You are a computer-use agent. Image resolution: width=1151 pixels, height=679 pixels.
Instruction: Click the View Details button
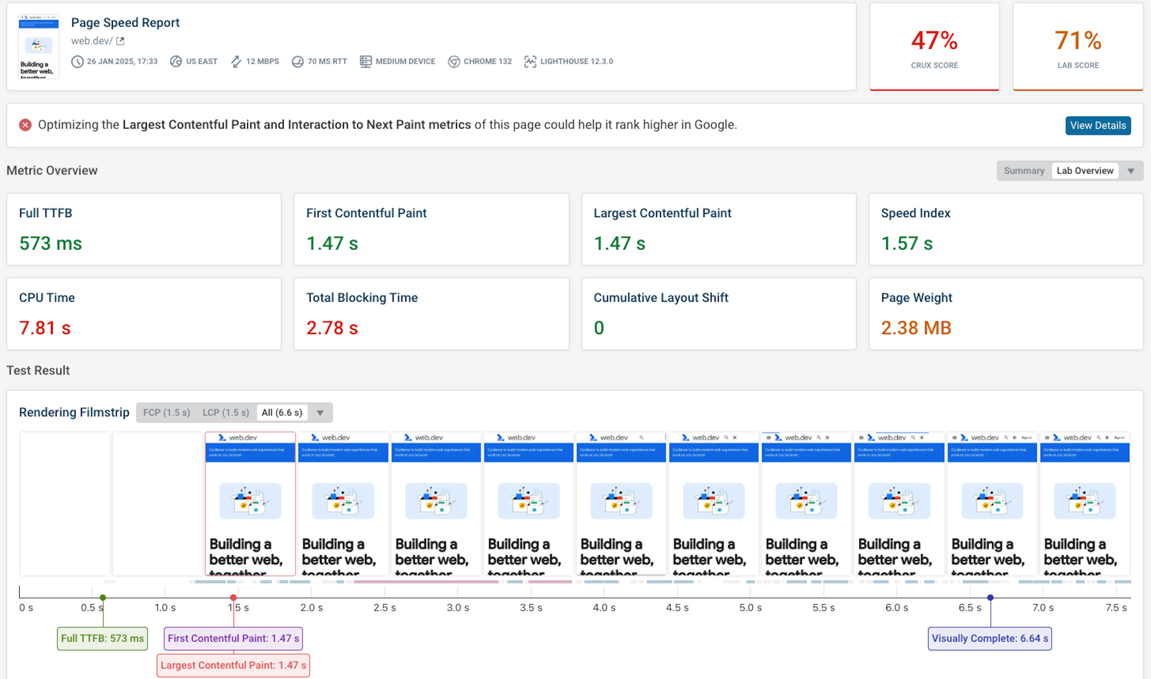(1097, 126)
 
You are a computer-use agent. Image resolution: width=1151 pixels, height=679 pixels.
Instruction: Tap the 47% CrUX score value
(934, 41)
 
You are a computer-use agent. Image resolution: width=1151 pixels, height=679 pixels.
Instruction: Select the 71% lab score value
(1077, 41)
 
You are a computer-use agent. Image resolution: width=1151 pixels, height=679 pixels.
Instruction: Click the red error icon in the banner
(25, 125)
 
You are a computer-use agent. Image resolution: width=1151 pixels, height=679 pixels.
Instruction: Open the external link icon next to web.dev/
(120, 41)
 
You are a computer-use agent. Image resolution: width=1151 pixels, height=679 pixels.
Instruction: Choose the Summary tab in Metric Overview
(1023, 171)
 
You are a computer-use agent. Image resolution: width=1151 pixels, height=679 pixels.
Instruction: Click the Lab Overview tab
(1084, 171)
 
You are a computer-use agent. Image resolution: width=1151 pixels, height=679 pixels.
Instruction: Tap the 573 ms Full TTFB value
(50, 243)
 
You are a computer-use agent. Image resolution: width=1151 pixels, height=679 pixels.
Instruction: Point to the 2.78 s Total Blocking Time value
(332, 328)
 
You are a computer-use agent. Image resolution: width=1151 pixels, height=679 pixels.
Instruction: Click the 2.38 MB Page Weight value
(916, 328)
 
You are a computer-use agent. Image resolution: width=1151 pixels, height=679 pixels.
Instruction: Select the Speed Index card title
(915, 213)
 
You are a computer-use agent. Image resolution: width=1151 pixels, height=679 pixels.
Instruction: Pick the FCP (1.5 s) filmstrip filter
(166, 413)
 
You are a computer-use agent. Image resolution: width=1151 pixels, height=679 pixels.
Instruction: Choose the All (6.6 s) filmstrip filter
(282, 413)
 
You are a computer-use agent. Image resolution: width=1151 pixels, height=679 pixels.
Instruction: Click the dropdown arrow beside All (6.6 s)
(320, 413)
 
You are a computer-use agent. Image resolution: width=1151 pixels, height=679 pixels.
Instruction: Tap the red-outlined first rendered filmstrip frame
(250, 503)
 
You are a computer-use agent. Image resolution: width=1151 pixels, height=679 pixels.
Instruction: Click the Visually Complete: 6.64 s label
(989, 638)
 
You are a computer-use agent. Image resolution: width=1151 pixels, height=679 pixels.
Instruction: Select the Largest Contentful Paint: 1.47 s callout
(233, 665)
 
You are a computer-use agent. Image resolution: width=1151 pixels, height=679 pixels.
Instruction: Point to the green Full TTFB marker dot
(103, 598)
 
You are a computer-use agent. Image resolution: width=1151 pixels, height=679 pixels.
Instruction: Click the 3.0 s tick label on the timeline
(458, 608)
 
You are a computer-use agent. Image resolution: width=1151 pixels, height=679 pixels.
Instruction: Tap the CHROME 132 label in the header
(487, 61)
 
